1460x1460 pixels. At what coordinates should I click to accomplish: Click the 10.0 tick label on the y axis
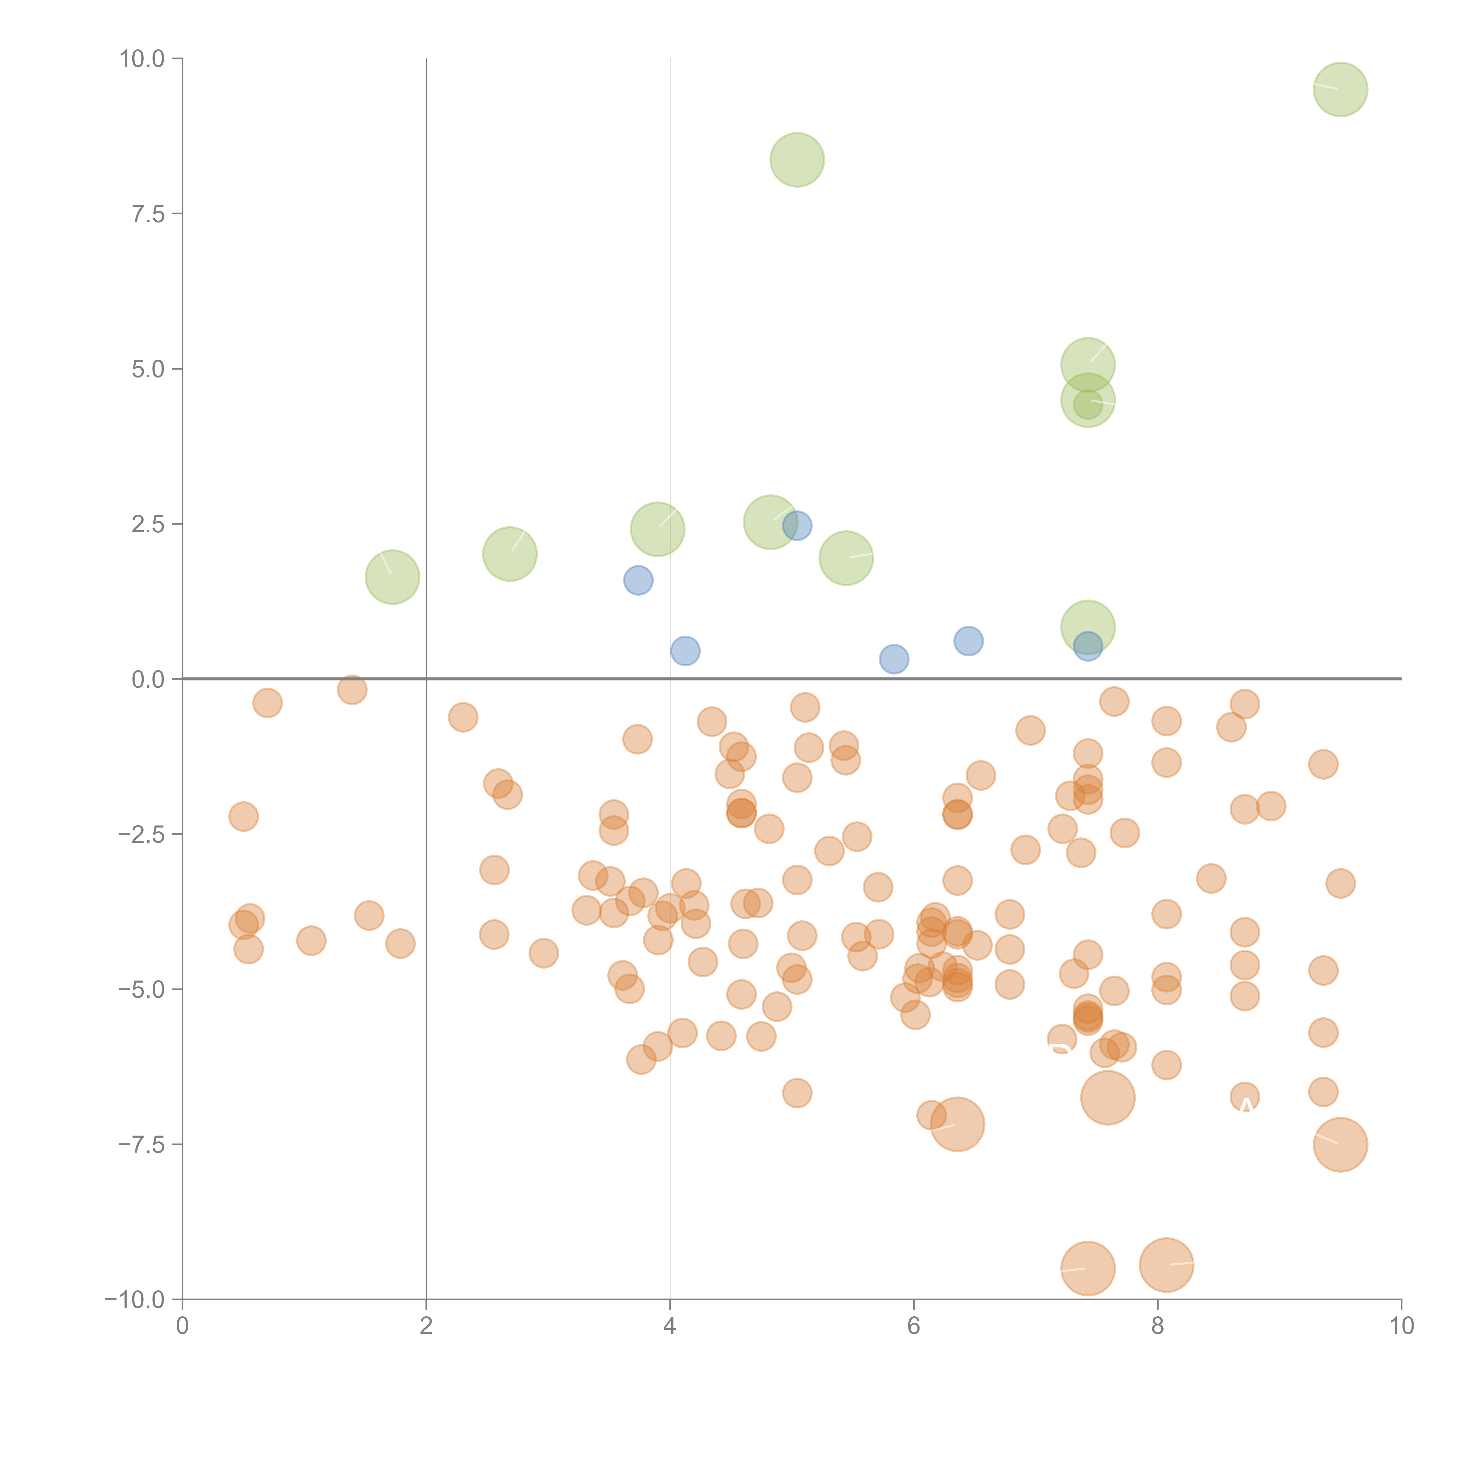tap(142, 59)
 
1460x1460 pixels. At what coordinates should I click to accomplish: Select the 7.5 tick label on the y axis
tap(148, 214)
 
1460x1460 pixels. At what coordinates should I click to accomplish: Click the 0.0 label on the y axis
tap(148, 679)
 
